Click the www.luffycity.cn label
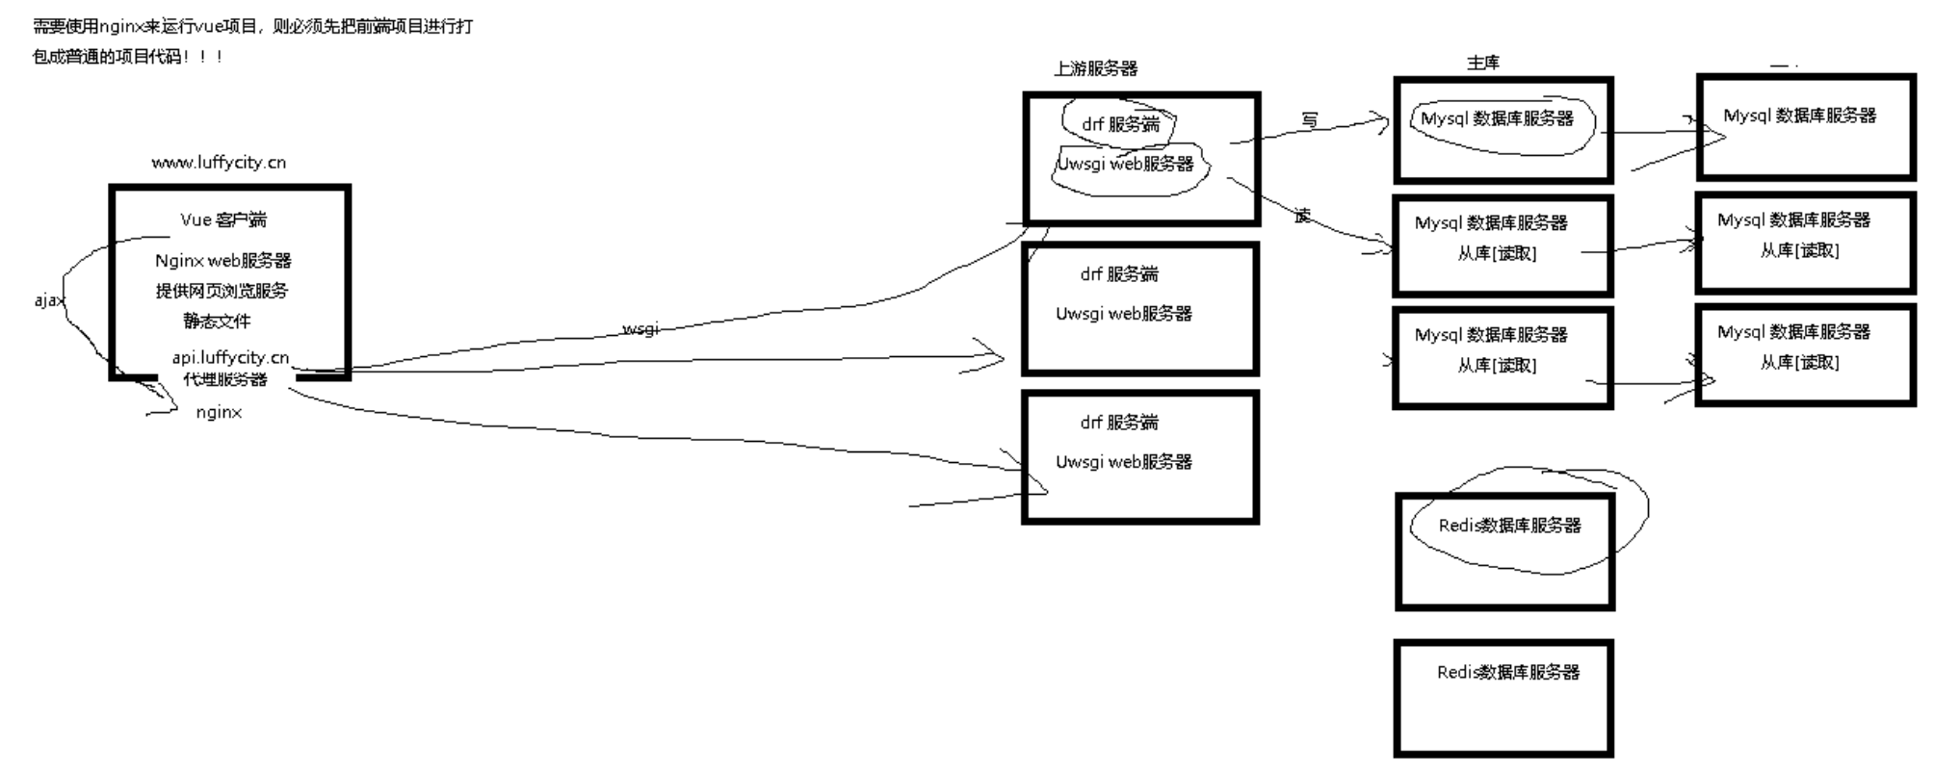(x=219, y=163)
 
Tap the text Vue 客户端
(x=223, y=220)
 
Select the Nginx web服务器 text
(x=222, y=261)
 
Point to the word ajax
(x=48, y=300)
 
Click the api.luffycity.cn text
(x=230, y=358)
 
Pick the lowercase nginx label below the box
(x=219, y=412)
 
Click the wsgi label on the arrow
(x=640, y=329)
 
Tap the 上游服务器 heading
(x=1095, y=68)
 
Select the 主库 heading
(x=1482, y=63)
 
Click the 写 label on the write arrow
(x=1309, y=120)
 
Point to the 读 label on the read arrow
(x=1302, y=216)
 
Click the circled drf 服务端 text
(x=1120, y=124)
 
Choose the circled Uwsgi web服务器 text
(x=1125, y=164)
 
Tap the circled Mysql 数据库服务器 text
(x=1497, y=118)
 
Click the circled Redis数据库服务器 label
(x=1509, y=526)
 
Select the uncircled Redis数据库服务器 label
(x=1508, y=673)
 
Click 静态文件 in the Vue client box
(x=217, y=321)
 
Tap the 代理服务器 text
(x=225, y=379)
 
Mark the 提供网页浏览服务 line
(x=222, y=291)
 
